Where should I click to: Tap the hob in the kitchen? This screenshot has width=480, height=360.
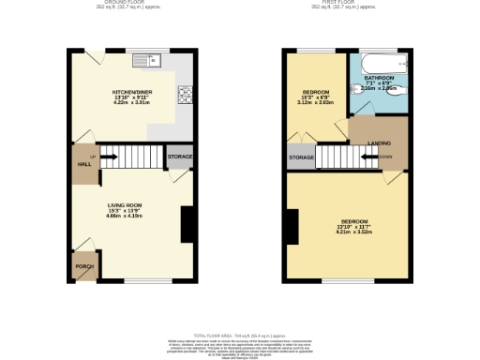(184, 94)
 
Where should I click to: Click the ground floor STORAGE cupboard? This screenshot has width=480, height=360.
(179, 157)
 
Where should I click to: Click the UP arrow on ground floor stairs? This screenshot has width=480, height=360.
(93, 155)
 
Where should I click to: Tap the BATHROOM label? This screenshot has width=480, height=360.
(379, 78)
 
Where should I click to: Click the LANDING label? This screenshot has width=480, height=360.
(380, 142)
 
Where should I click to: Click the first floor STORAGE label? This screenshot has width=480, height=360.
(301, 157)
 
